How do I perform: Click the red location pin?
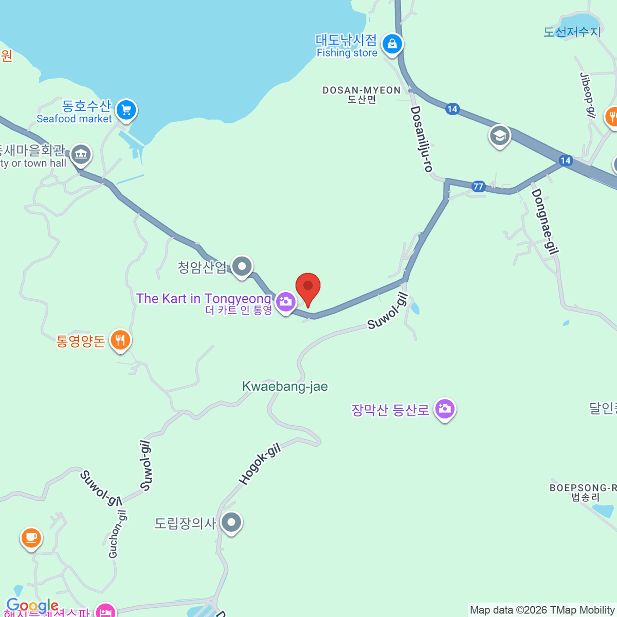coord(308,287)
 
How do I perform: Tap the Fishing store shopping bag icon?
coord(392,44)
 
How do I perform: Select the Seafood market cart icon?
coord(126,110)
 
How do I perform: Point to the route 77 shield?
coord(478,186)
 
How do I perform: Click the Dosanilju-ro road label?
coord(421,139)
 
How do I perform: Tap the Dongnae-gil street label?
coord(545,221)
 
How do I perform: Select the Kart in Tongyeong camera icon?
coord(285,302)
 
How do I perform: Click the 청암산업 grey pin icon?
coord(242,266)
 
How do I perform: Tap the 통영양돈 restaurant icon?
coord(120,340)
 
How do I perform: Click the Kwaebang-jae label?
coord(285,387)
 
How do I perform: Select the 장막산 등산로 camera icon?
coord(445,409)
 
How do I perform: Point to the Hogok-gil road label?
coord(260,464)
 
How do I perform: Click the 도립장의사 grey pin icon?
coord(231,522)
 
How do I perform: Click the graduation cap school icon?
coord(499,136)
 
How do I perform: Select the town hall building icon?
coord(81,153)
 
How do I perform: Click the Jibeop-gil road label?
coord(587,95)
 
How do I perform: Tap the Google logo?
coord(32,606)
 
